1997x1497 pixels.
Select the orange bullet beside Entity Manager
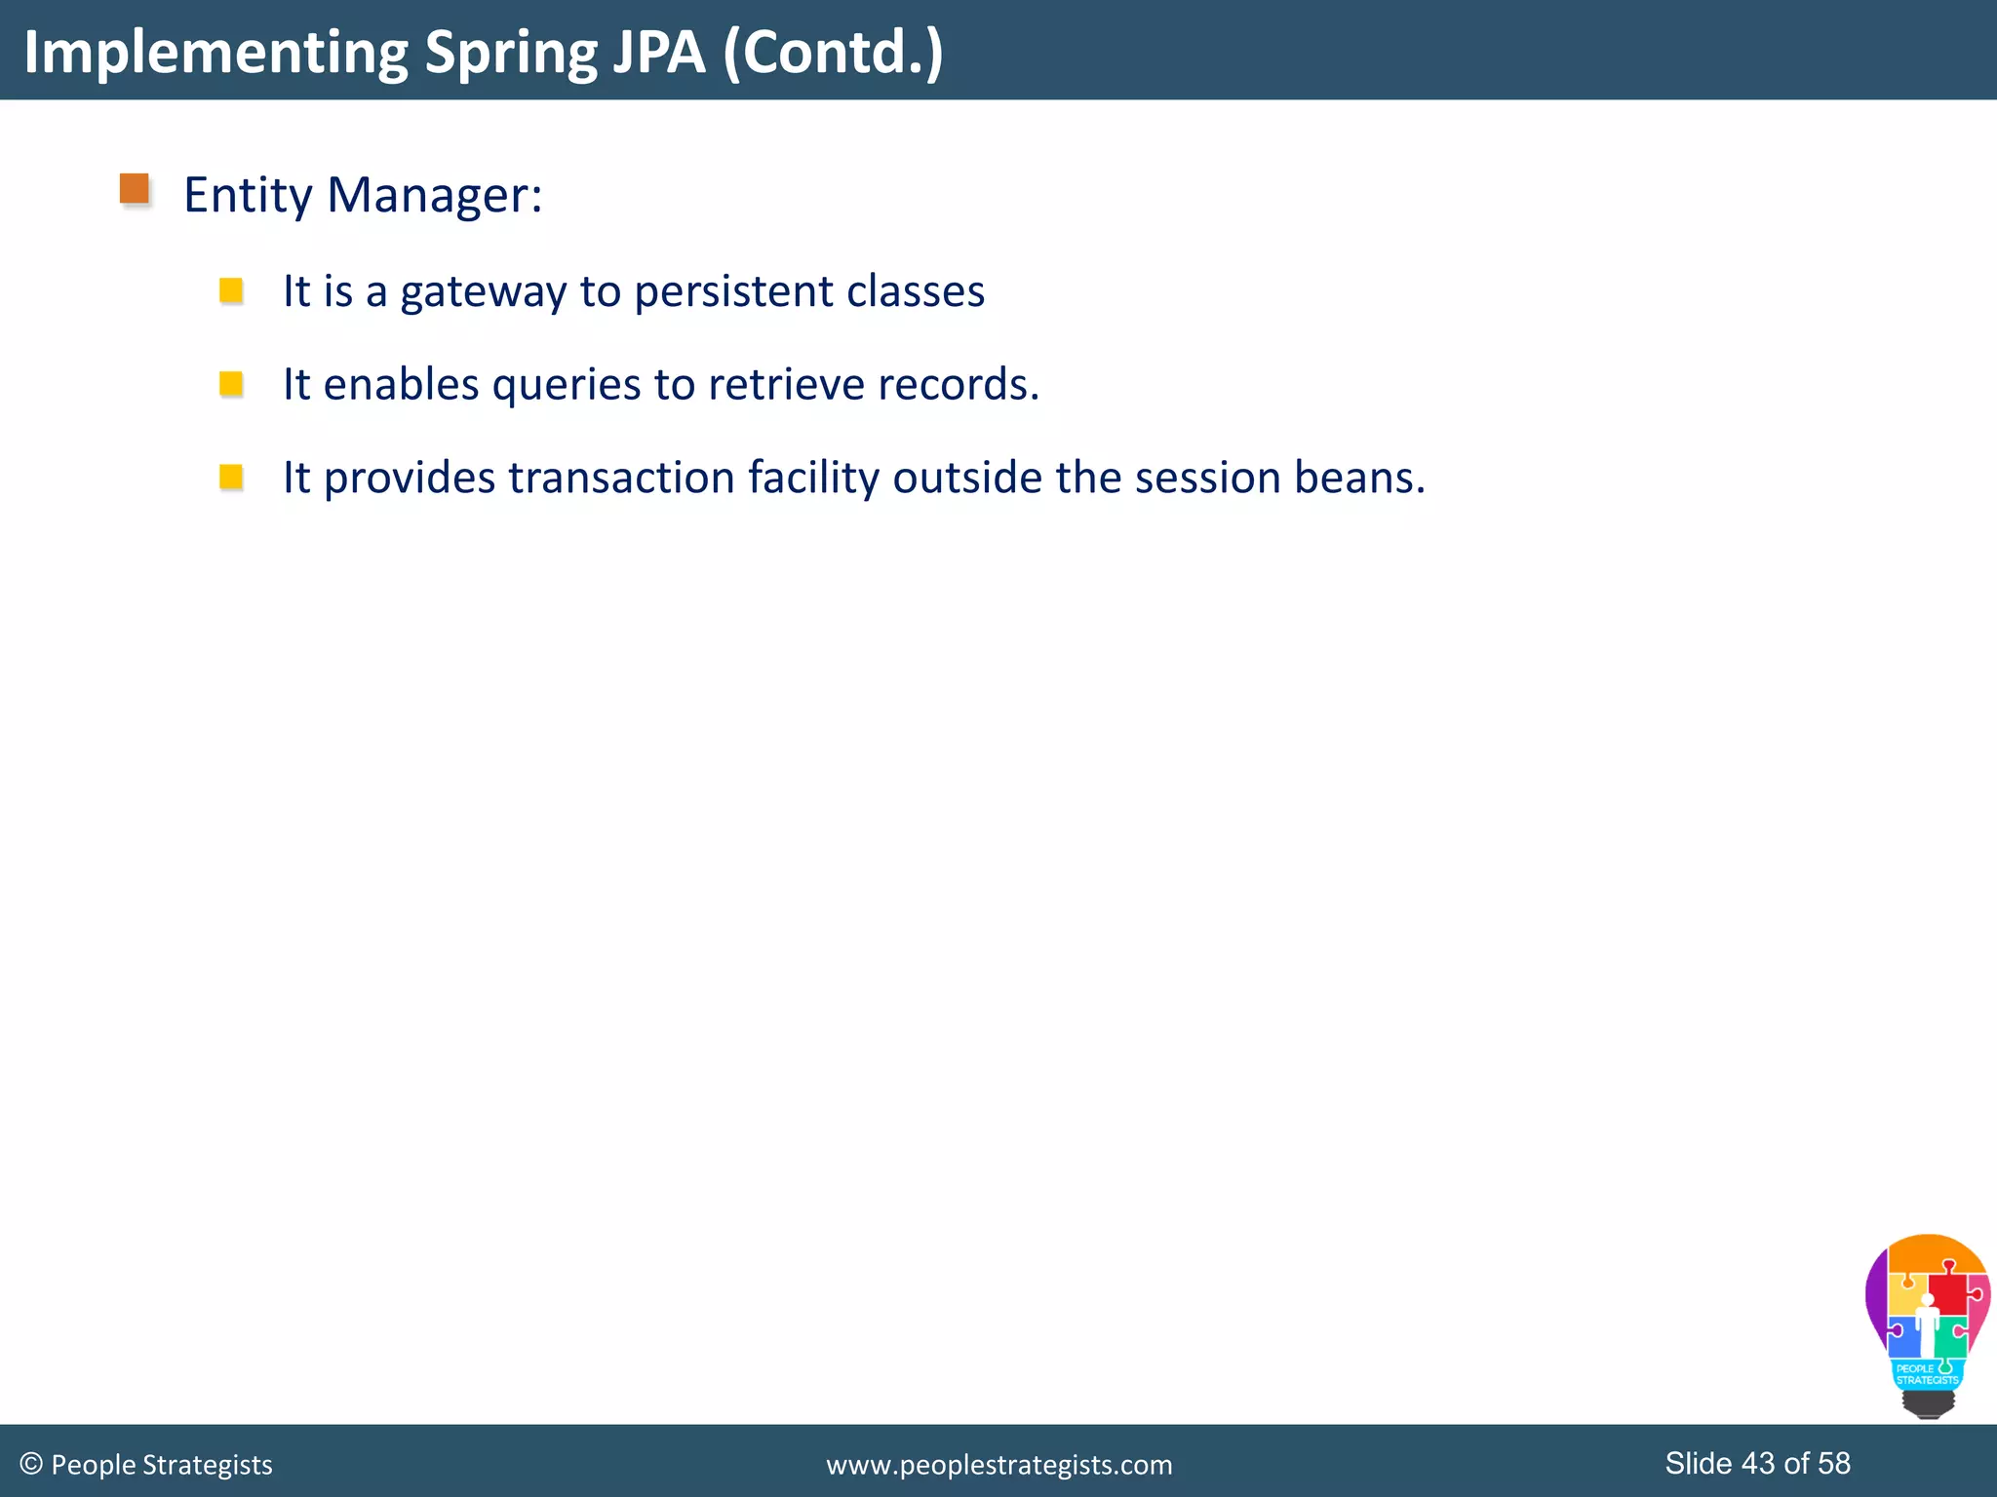tap(135, 189)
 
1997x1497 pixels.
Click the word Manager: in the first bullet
tap(434, 196)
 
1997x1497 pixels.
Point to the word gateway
tap(483, 292)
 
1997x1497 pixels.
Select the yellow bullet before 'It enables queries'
tap(231, 384)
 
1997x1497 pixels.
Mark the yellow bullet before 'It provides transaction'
tap(231, 477)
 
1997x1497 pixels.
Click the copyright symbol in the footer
tap(31, 1464)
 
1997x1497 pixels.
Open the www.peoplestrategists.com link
tap(998, 1465)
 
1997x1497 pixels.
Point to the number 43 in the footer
tap(1757, 1463)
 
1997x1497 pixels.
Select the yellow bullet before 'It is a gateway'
tap(231, 290)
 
